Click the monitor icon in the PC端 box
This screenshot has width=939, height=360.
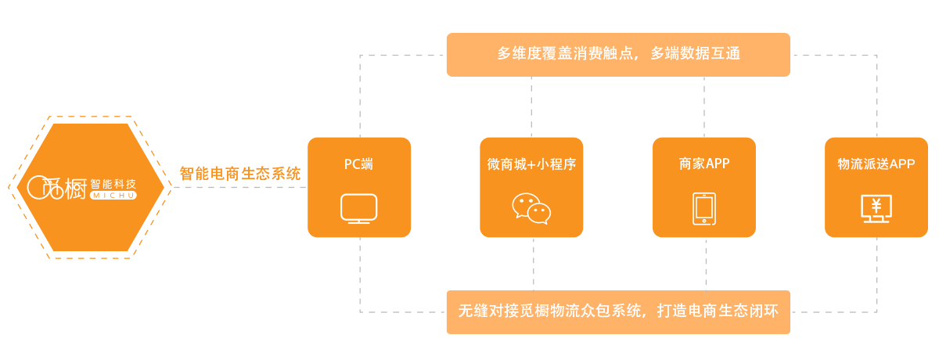359,210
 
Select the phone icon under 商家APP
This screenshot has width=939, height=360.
704,209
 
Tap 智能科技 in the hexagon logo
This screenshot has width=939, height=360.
113,183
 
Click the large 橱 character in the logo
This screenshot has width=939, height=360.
76,189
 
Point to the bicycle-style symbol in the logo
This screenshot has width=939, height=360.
45,188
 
